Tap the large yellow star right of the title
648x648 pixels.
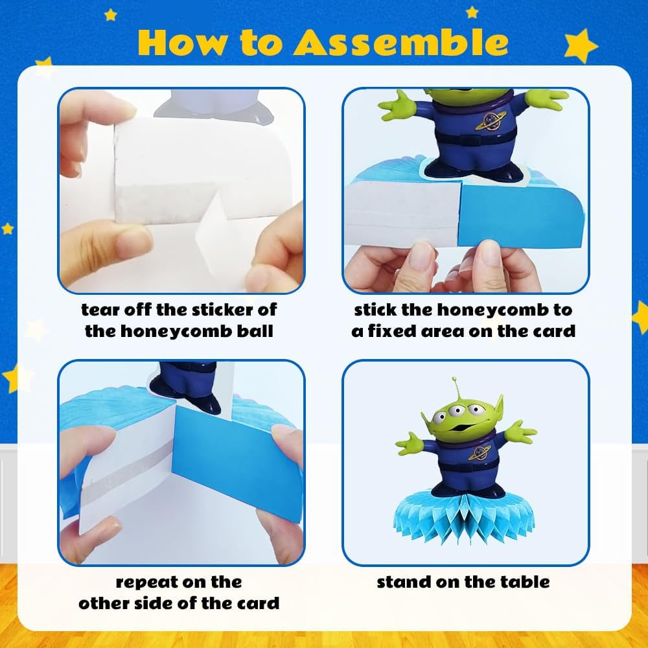pos(581,45)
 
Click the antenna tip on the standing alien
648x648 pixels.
pos(454,378)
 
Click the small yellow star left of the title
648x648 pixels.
pos(110,16)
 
